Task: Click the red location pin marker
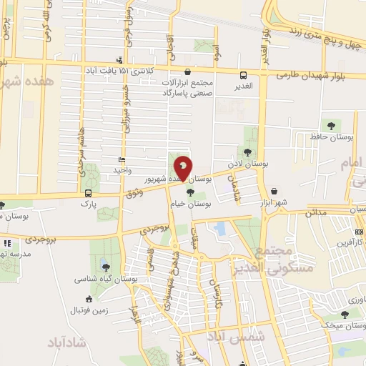184,168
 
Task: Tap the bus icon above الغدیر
243,74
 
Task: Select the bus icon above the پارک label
88,193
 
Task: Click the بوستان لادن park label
247,164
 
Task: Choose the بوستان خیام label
189,204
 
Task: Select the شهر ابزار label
272,202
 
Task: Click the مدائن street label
316,213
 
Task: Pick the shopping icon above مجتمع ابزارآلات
188,72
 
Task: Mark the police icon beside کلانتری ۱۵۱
120,61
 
